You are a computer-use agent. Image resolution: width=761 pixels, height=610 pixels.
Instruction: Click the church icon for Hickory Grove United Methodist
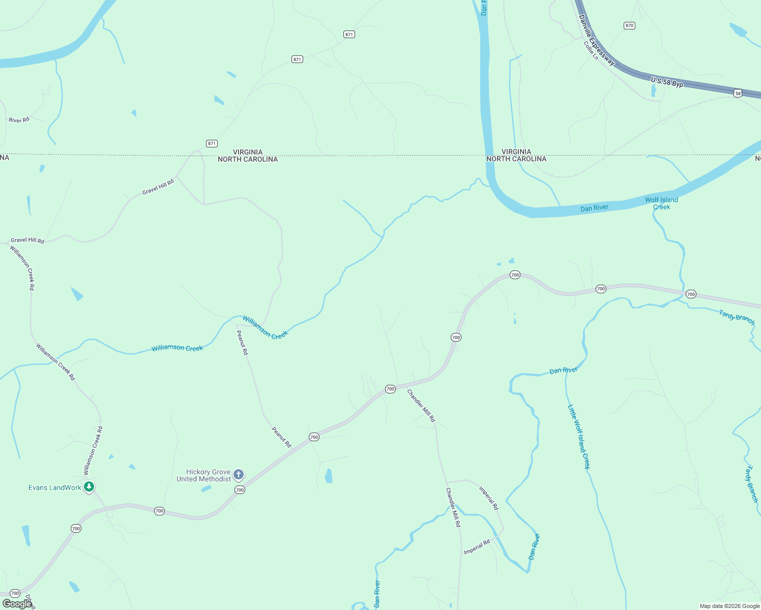click(238, 475)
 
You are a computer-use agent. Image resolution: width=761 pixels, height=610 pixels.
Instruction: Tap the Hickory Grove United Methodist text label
click(203, 476)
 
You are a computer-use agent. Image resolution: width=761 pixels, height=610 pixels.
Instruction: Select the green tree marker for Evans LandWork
click(89, 487)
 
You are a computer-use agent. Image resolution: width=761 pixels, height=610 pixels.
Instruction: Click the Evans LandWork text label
click(55, 488)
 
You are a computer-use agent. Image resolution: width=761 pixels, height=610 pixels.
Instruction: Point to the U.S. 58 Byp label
click(667, 82)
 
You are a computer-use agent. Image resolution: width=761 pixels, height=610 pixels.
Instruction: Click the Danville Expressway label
click(597, 41)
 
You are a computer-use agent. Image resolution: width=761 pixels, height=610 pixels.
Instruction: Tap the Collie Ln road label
click(591, 51)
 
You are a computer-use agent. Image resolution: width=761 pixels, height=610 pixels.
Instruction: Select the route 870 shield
click(629, 25)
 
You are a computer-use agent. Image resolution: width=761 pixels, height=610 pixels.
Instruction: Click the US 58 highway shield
click(738, 93)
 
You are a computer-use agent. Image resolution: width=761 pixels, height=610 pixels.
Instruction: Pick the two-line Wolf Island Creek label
click(661, 203)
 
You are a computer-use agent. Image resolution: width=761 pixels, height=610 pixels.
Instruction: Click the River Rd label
click(19, 120)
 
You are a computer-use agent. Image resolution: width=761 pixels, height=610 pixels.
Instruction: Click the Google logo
click(17, 603)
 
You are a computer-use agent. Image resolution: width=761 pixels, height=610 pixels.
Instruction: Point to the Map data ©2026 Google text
click(729, 606)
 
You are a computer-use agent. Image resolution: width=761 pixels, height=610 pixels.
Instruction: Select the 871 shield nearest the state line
click(212, 143)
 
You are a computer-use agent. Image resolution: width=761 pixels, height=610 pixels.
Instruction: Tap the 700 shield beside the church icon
click(240, 490)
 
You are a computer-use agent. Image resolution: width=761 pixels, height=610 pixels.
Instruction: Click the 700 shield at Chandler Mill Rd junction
click(390, 389)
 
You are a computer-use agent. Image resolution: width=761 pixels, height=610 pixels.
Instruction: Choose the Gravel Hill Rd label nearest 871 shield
click(158, 187)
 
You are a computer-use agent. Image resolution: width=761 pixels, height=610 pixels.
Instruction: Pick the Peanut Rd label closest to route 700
click(281, 437)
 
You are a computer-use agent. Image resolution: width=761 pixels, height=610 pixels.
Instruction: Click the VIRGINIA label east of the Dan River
click(516, 151)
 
